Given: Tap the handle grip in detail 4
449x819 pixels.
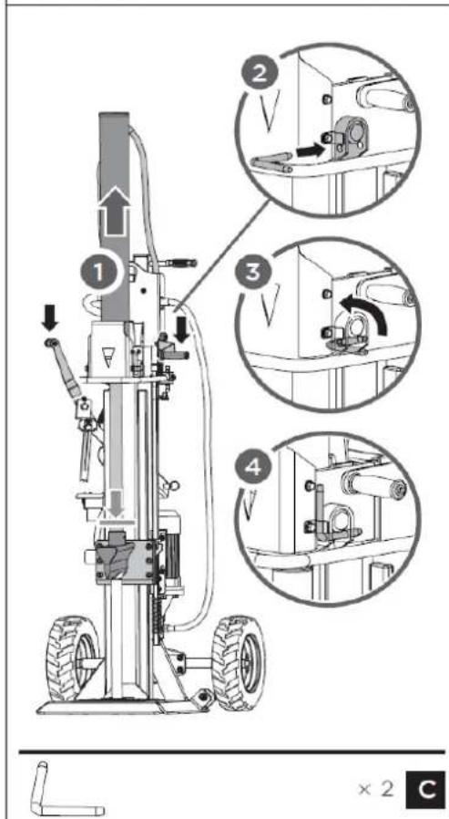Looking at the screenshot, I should [x=372, y=482].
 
